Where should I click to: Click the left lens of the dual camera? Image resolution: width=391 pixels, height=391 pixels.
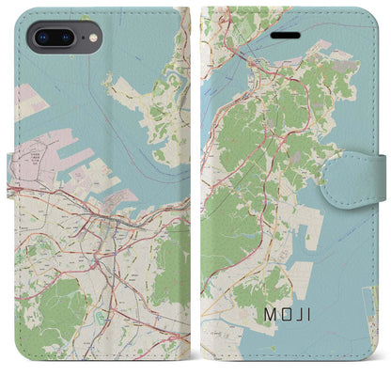tap(40, 39)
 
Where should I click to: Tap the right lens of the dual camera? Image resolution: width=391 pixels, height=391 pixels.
tap(66, 39)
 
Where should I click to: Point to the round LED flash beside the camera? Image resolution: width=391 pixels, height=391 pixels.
tap(91, 39)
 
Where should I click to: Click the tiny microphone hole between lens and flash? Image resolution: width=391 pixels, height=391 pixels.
tap(79, 39)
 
